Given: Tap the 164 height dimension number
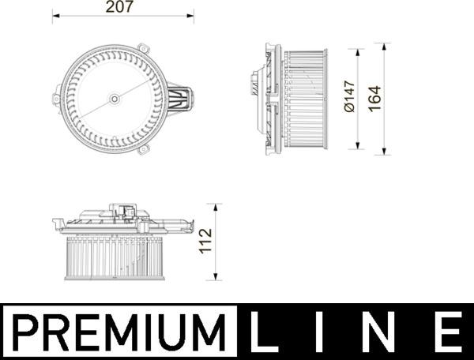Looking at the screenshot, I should tap(375, 99).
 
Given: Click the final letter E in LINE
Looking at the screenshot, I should tap(448, 331).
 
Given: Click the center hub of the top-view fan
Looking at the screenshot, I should tap(115, 99).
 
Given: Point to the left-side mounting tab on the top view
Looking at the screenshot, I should tap(56, 99).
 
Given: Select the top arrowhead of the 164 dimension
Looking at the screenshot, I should tap(386, 52).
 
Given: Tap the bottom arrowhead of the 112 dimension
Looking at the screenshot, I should tap(217, 277).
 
